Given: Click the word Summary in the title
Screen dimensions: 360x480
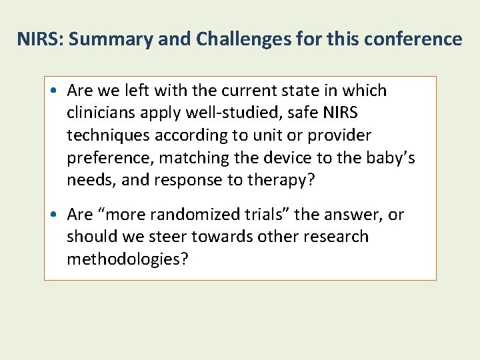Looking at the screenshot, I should [x=109, y=39].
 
